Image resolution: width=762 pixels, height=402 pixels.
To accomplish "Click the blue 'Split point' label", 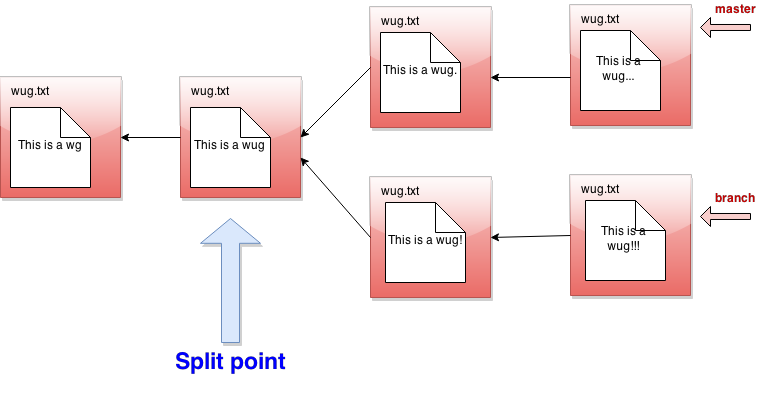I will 230,362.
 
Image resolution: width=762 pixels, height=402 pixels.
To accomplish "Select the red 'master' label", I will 734,10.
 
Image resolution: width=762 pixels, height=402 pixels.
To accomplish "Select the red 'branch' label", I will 734,198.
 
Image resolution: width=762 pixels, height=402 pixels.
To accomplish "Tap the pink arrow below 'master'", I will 726,28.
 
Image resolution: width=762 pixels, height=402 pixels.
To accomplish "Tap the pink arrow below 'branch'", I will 726,217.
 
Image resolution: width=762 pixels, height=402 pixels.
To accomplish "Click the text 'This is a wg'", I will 50,145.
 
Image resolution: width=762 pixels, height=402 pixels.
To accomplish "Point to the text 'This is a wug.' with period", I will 420,70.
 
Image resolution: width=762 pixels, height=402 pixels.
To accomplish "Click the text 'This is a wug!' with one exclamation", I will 425,240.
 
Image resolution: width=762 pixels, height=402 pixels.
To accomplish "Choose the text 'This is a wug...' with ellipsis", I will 618,68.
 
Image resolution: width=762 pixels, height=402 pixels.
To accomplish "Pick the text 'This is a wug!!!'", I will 624,238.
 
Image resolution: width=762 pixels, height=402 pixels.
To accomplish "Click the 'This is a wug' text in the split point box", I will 229,145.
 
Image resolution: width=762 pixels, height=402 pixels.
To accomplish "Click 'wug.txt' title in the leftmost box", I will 31,92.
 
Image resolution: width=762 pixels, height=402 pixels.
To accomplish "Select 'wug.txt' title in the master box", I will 600,19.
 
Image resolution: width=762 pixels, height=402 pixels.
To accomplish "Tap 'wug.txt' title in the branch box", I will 600,189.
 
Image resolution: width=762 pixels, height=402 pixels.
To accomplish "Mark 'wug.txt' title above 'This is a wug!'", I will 400,191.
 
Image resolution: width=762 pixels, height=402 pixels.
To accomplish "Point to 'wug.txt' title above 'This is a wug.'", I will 400,21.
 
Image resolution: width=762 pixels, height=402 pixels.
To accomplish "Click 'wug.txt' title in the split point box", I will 210,92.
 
